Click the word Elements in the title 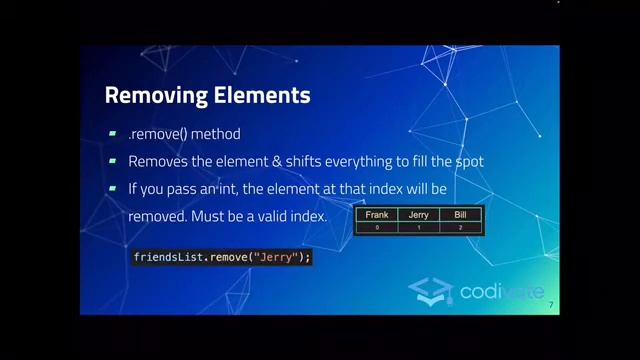262,96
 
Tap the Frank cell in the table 377,215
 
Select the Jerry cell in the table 418,215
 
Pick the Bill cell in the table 460,215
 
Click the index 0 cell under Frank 377,228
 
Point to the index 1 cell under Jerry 418,228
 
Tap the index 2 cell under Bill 460,228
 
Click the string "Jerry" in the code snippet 277,257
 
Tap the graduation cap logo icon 431,290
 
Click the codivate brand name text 501,292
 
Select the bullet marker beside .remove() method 113,134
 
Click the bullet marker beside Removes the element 113,161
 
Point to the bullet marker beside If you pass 113,188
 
